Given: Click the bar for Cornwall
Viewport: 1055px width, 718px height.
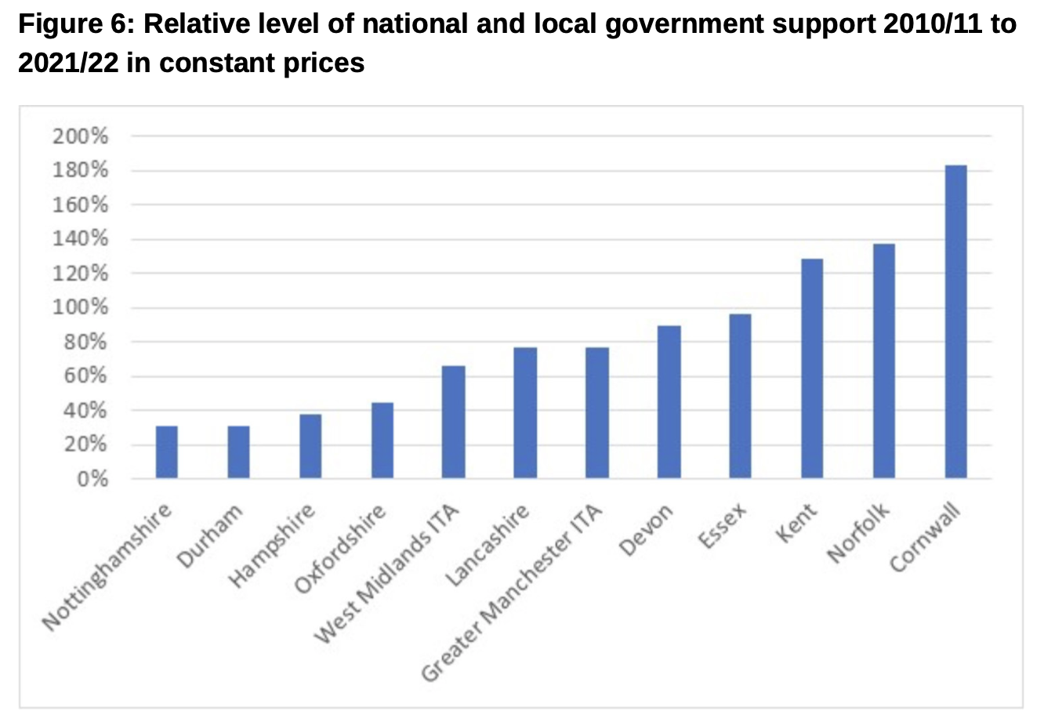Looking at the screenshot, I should [x=955, y=321].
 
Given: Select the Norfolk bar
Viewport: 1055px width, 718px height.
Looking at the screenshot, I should [x=883, y=361].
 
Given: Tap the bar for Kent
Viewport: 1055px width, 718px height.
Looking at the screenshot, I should [x=812, y=368].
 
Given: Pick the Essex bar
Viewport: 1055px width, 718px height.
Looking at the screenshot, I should [x=740, y=396].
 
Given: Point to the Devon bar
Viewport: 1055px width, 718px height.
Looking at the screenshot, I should [x=669, y=401].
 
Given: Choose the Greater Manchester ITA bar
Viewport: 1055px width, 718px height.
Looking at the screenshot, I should [x=596, y=412].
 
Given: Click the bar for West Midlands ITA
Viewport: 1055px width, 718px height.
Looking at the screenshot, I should [x=453, y=422].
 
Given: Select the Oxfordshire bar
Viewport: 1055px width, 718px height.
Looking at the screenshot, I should [x=382, y=440].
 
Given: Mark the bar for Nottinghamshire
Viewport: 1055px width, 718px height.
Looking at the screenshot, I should [x=166, y=451].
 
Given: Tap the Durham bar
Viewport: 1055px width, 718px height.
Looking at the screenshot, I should [x=238, y=451].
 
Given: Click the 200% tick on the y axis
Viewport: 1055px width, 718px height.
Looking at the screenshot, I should [x=80, y=136].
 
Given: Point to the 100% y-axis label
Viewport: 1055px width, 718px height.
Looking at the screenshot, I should [x=80, y=307].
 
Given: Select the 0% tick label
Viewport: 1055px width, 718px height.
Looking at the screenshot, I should [x=92, y=478].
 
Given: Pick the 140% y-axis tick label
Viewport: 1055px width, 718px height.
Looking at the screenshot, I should [x=80, y=239].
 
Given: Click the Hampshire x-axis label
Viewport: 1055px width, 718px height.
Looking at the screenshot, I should [x=272, y=546].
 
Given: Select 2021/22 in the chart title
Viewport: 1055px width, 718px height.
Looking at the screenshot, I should [x=67, y=63].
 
